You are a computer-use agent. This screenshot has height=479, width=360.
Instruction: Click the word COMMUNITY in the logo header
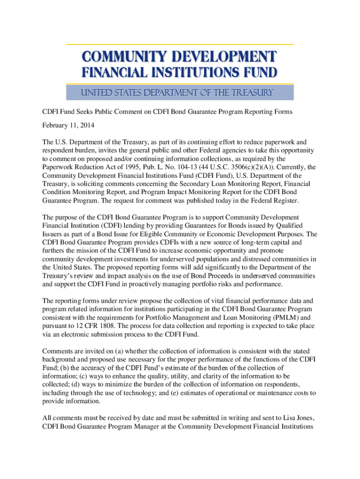119,57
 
